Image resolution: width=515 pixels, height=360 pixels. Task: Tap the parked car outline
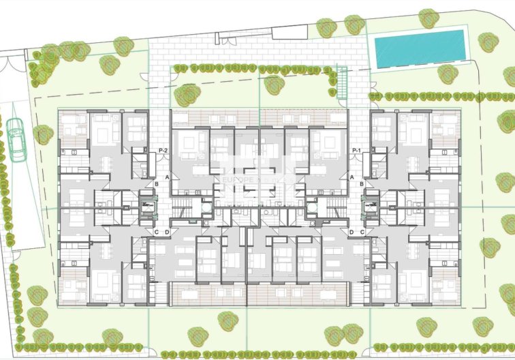(16, 139)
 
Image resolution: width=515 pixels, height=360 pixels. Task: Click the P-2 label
(163, 150)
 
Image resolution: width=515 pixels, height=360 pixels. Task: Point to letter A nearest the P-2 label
(166, 177)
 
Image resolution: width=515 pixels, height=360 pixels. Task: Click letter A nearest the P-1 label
(352, 177)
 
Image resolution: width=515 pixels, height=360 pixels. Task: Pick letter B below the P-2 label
(157, 183)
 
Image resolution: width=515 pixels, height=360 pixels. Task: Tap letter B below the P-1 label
(361, 183)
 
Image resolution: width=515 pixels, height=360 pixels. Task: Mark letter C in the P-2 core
(157, 232)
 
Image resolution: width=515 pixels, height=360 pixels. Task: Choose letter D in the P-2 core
(166, 232)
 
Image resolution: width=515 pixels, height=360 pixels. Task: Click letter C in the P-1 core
(361, 232)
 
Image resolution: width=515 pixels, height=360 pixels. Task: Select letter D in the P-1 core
(352, 232)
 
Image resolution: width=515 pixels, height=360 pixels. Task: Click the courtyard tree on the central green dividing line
(273, 85)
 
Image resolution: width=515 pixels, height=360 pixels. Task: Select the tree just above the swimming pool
(428, 18)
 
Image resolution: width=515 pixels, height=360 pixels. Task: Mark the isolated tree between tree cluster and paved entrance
(123, 46)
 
